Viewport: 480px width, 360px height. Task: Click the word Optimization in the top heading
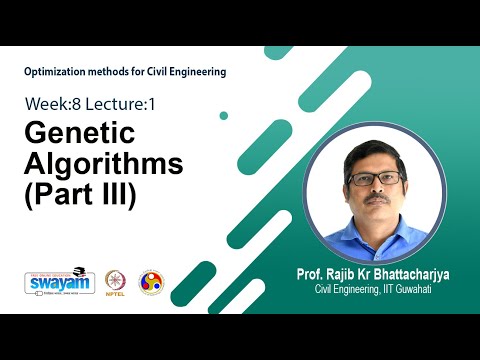click(x=61, y=71)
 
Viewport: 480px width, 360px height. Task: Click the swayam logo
click(x=59, y=283)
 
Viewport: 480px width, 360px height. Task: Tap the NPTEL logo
click(x=113, y=282)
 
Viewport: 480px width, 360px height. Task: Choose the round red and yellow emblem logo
click(x=151, y=283)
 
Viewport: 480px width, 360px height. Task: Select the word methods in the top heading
click(x=120, y=71)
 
